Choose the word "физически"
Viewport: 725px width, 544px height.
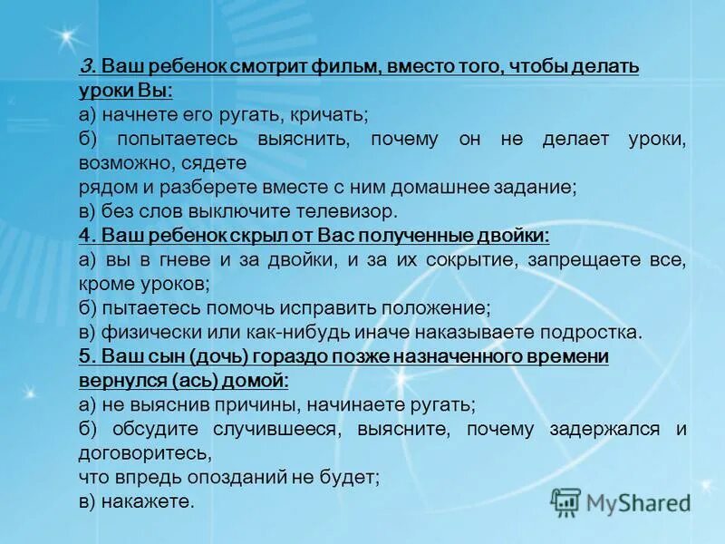143,331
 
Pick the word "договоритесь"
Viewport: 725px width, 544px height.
145,452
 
